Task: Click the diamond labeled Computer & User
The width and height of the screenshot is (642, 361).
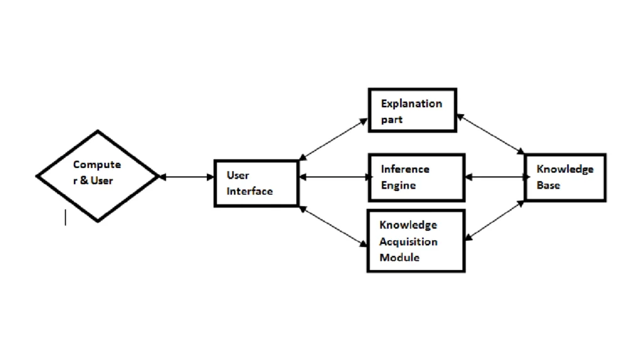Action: point(97,176)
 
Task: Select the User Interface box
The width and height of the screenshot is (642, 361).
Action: point(256,183)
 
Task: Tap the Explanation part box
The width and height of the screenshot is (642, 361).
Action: point(412,110)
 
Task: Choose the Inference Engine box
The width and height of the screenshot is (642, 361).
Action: point(416,177)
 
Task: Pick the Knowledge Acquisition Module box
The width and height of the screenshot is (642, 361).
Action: point(416,241)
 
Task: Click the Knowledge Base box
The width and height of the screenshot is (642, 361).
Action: point(565,177)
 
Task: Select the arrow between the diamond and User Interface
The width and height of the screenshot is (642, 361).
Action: point(186,177)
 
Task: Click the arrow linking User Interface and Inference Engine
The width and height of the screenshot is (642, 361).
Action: point(334,177)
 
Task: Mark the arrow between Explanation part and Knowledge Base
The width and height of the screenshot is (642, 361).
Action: point(490,134)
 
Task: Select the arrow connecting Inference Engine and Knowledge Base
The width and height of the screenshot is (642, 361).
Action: point(495,177)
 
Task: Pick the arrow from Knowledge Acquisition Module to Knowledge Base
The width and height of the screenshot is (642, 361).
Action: point(495,220)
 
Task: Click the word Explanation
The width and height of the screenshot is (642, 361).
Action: point(411,103)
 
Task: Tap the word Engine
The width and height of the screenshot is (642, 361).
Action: point(398,186)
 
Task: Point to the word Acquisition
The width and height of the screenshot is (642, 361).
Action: point(408,241)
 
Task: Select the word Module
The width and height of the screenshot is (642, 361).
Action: point(399,257)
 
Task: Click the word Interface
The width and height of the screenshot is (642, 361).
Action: point(250,191)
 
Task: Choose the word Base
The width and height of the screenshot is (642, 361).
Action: point(548,186)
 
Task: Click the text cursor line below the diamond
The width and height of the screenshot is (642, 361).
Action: point(65,217)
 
